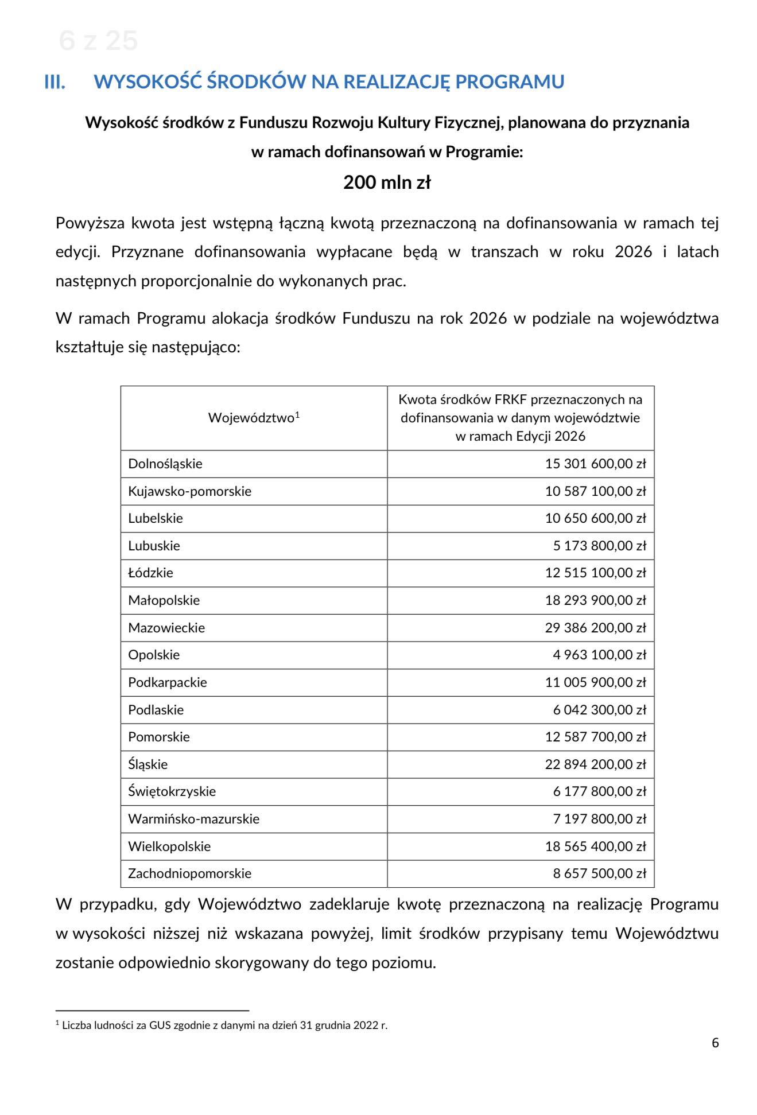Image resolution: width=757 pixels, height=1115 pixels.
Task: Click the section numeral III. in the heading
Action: point(55,82)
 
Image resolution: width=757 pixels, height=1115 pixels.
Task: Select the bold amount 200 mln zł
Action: point(387,182)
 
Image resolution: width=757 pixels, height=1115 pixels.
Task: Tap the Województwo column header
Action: point(254,418)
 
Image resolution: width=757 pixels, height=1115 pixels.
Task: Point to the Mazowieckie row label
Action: point(166,628)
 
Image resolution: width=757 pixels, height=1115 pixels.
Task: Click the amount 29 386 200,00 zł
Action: point(595,628)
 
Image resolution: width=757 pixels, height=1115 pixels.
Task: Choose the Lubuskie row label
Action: point(154,546)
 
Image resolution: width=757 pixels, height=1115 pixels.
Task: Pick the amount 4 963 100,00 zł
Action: point(599,655)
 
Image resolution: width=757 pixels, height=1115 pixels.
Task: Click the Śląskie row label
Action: point(148,764)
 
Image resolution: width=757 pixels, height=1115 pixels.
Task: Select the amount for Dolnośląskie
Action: point(595,464)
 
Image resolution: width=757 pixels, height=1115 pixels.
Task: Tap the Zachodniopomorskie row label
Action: point(190,873)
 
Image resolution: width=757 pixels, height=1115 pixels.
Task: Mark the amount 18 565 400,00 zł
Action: point(595,846)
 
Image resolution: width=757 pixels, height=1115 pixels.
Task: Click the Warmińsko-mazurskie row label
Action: point(194,819)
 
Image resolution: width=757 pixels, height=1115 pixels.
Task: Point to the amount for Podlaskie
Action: point(599,710)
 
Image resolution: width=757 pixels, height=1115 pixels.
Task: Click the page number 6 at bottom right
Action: point(715,1043)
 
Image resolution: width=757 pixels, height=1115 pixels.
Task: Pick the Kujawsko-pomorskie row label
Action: point(190,491)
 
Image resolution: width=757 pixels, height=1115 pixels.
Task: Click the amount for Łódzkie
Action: point(595,573)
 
